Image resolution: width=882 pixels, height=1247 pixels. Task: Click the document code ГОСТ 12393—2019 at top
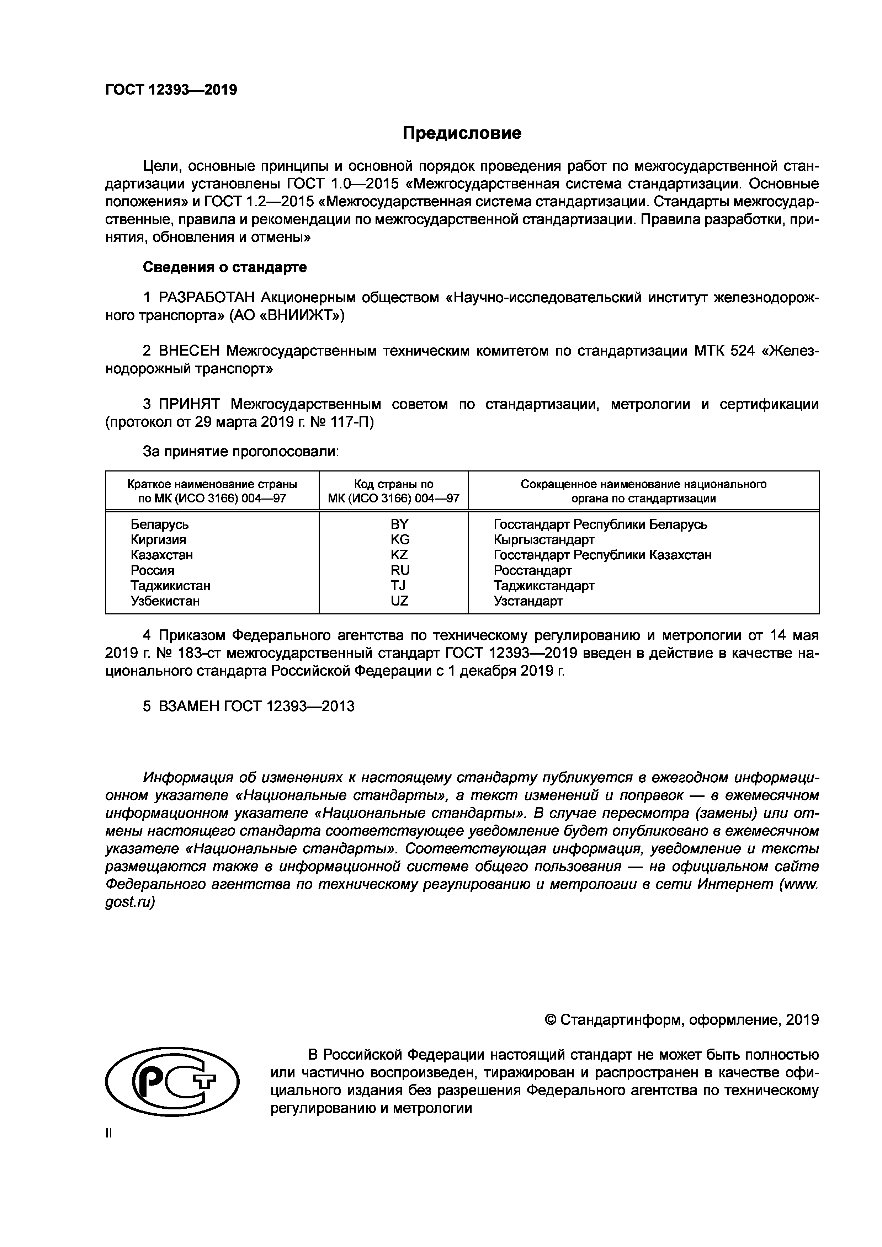[171, 90]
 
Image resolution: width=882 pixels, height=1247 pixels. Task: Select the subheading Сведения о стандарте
[224, 267]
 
